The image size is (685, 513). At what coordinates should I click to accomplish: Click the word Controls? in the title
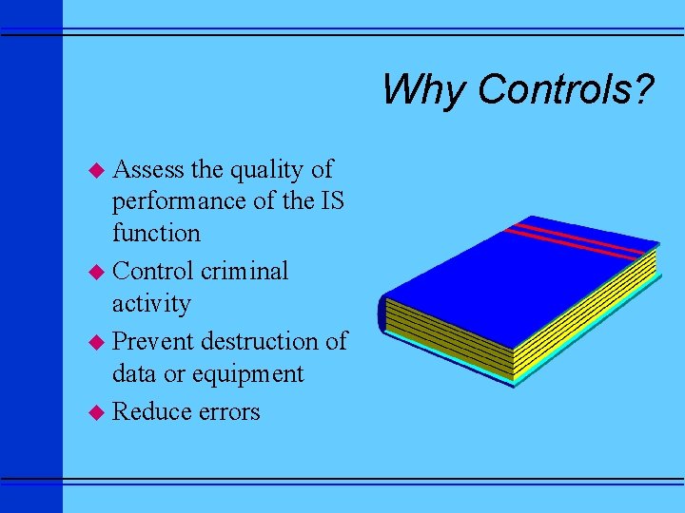(566, 90)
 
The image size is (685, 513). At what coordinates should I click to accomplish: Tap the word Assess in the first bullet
(148, 170)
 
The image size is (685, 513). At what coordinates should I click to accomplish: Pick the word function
(156, 233)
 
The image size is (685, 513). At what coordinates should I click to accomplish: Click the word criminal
(245, 271)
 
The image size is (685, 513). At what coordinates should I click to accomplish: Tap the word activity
(151, 304)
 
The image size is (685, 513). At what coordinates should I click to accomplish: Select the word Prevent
(153, 340)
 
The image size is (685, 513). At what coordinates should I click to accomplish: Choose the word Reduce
(151, 410)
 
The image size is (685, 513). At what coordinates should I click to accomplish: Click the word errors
(228, 411)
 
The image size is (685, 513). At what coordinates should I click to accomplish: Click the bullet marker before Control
(95, 272)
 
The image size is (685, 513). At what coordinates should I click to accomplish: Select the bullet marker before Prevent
(95, 341)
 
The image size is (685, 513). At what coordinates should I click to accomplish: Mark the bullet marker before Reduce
(95, 411)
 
